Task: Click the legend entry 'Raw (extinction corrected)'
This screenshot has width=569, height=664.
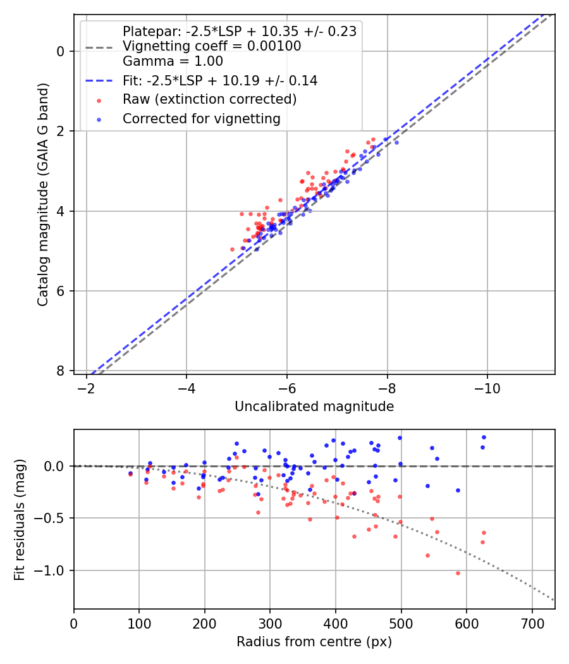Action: click(209, 99)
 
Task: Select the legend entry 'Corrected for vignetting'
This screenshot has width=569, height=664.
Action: click(201, 118)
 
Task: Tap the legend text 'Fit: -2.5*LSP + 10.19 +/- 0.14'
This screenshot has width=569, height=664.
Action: click(219, 81)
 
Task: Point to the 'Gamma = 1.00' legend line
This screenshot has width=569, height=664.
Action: click(173, 61)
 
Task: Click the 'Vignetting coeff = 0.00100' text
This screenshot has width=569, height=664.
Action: click(212, 46)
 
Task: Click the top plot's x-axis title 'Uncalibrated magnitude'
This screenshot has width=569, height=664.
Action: click(314, 407)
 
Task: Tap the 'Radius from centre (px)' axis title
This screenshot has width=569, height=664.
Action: click(314, 642)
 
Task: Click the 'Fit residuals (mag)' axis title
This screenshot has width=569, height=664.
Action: click(20, 519)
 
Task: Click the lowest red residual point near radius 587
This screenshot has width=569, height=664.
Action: click(458, 573)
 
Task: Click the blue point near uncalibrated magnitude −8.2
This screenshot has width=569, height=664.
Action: click(396, 142)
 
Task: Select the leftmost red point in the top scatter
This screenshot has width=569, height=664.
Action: click(232, 249)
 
